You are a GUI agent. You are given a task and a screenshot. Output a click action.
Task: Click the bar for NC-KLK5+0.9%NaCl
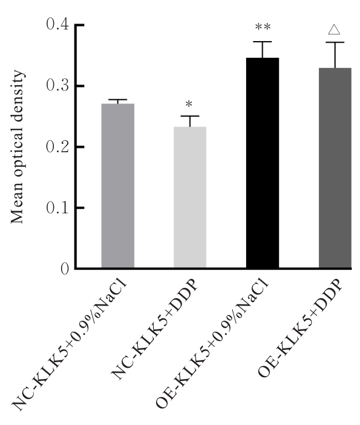[x=117, y=186]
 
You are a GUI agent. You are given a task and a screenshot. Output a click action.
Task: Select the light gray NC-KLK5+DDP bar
[x=190, y=198]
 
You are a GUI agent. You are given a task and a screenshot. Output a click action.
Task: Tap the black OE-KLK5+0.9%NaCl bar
[x=262, y=163]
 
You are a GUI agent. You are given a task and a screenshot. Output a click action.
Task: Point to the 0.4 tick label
[x=57, y=25]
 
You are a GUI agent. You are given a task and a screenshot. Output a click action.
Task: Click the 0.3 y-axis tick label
[x=57, y=86]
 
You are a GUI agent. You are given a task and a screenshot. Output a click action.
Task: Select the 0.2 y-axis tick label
[x=57, y=147]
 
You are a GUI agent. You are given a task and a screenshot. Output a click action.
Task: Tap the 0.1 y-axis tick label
[x=57, y=208]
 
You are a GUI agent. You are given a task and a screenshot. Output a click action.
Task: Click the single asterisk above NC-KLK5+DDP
[x=189, y=105]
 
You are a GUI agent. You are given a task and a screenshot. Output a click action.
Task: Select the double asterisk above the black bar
[x=262, y=28]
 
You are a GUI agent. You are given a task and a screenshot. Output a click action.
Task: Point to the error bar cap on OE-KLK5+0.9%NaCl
[x=262, y=42]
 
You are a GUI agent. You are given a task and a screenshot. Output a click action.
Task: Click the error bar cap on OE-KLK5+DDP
[x=335, y=42]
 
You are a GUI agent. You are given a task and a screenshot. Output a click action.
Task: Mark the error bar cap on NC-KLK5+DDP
[x=190, y=116]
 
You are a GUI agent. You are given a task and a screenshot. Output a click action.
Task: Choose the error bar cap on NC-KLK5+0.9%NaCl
[x=117, y=99]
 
